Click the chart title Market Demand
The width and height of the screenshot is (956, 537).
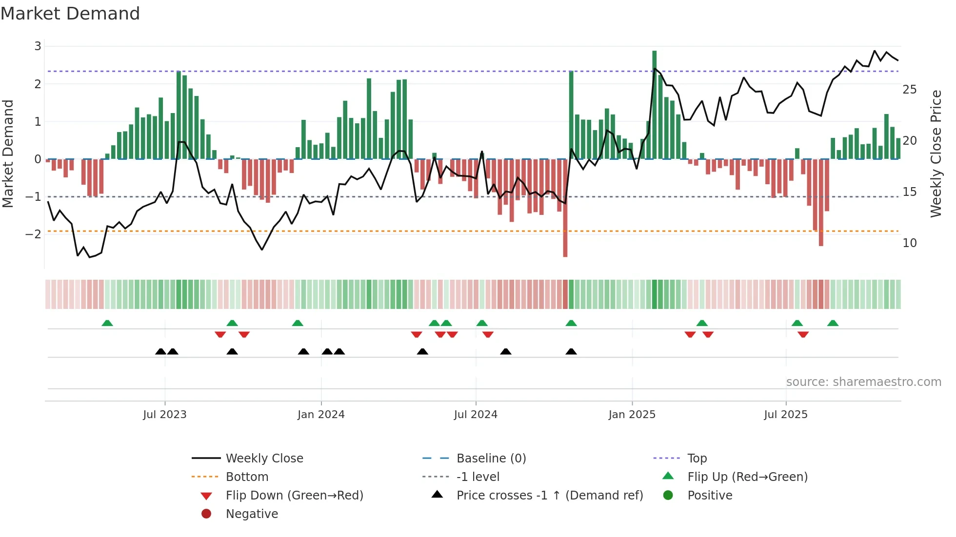pos(70,14)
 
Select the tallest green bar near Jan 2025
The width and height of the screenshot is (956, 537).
pos(654,105)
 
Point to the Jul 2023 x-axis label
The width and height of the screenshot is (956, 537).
pos(165,415)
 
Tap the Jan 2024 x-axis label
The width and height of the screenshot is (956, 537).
pos(321,415)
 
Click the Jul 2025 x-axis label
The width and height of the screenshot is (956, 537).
pos(786,415)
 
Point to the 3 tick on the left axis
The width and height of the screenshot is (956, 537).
pos(38,46)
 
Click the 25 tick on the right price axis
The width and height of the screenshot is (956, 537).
pos(910,90)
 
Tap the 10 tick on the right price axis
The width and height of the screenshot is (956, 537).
pos(910,243)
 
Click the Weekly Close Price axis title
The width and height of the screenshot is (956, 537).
pos(936,153)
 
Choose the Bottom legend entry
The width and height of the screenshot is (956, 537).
pos(247,477)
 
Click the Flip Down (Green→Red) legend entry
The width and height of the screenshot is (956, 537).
pos(294,496)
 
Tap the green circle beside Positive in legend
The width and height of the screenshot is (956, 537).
pos(668,496)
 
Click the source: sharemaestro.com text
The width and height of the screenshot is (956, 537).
pos(863,382)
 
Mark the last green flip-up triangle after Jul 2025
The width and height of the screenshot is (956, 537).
pos(833,323)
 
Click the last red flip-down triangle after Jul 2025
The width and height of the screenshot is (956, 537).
pos(803,334)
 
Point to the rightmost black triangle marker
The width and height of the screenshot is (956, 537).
pos(571,351)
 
